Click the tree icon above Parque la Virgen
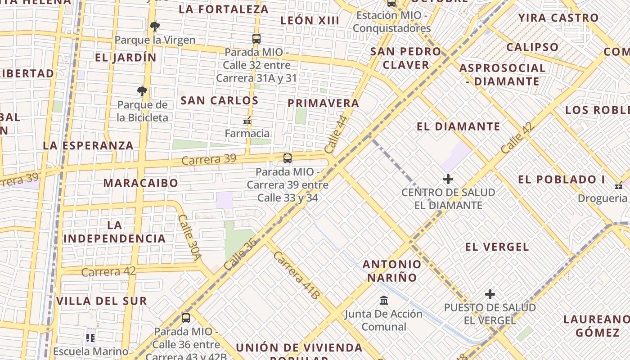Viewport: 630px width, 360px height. [155, 27]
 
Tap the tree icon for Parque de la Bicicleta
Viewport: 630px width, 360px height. [142, 92]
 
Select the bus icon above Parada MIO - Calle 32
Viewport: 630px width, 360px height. [256, 39]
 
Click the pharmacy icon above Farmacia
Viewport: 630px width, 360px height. [247, 121]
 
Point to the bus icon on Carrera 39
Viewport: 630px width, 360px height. [288, 158]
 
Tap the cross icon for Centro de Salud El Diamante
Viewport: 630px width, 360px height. [448, 179]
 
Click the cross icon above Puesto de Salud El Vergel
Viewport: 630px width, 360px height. [490, 295]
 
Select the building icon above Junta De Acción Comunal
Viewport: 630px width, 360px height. [384, 300]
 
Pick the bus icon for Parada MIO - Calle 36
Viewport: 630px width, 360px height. [186, 318]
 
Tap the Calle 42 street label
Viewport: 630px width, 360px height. [517, 138]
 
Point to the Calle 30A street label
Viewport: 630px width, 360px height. [189, 237]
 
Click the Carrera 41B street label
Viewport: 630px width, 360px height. [296, 274]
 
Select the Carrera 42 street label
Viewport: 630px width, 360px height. [108, 272]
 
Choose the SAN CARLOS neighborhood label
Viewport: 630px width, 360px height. [220, 100]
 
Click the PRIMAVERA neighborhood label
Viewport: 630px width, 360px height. [324, 103]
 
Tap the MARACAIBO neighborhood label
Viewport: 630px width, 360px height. [141, 183]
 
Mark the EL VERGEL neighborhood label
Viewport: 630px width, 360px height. [497, 247]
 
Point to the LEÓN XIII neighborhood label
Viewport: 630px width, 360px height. [310, 20]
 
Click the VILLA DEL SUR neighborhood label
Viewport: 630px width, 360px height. [102, 301]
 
